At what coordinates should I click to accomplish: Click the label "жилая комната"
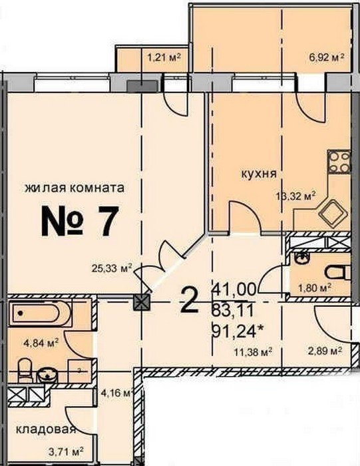pyautogui.click(x=75, y=188)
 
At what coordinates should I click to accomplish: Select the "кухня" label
pyautogui.click(x=258, y=173)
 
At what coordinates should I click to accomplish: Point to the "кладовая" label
pyautogui.click(x=46, y=429)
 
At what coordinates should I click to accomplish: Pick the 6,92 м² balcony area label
pyautogui.click(x=327, y=57)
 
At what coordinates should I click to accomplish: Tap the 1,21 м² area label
pyautogui.click(x=164, y=57)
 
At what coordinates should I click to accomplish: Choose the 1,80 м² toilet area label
pyautogui.click(x=315, y=288)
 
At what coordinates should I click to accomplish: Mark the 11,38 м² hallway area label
pyautogui.click(x=254, y=352)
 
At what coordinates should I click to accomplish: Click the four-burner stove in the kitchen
pyautogui.click(x=339, y=162)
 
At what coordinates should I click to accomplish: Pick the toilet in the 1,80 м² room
pyautogui.click(x=338, y=272)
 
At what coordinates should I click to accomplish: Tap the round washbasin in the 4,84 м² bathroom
pyautogui.click(x=47, y=375)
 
